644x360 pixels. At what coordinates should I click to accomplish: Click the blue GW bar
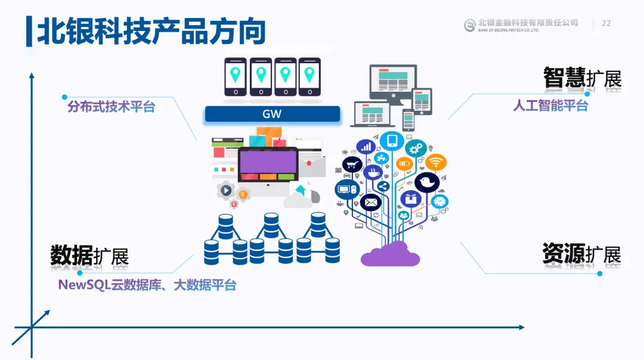pos(272,114)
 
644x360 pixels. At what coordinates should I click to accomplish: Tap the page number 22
pos(606,23)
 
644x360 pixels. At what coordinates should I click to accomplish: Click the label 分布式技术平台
pos(111,107)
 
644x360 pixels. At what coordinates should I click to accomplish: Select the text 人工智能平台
pos(550,105)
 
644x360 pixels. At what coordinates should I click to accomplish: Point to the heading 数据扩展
pos(89,256)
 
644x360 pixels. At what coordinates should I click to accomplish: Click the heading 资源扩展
pos(581,254)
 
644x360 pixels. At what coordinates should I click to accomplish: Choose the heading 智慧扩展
pos(582,78)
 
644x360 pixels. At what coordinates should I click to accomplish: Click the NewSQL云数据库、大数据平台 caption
pos(147,285)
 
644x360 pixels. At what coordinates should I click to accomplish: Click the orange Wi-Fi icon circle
pos(436,162)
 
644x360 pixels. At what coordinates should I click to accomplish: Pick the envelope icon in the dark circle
pos(370,203)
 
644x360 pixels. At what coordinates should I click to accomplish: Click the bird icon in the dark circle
pos(427,182)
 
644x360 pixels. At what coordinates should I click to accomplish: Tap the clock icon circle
pos(440,201)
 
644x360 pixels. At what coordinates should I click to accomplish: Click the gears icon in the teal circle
pos(416,147)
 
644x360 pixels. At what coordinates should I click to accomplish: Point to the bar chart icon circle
pos(366,147)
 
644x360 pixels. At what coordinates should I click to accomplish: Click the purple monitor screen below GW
pos(268,160)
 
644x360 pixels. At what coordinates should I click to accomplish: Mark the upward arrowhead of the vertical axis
pos(32,75)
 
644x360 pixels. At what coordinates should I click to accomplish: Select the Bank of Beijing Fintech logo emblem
pos(470,24)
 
